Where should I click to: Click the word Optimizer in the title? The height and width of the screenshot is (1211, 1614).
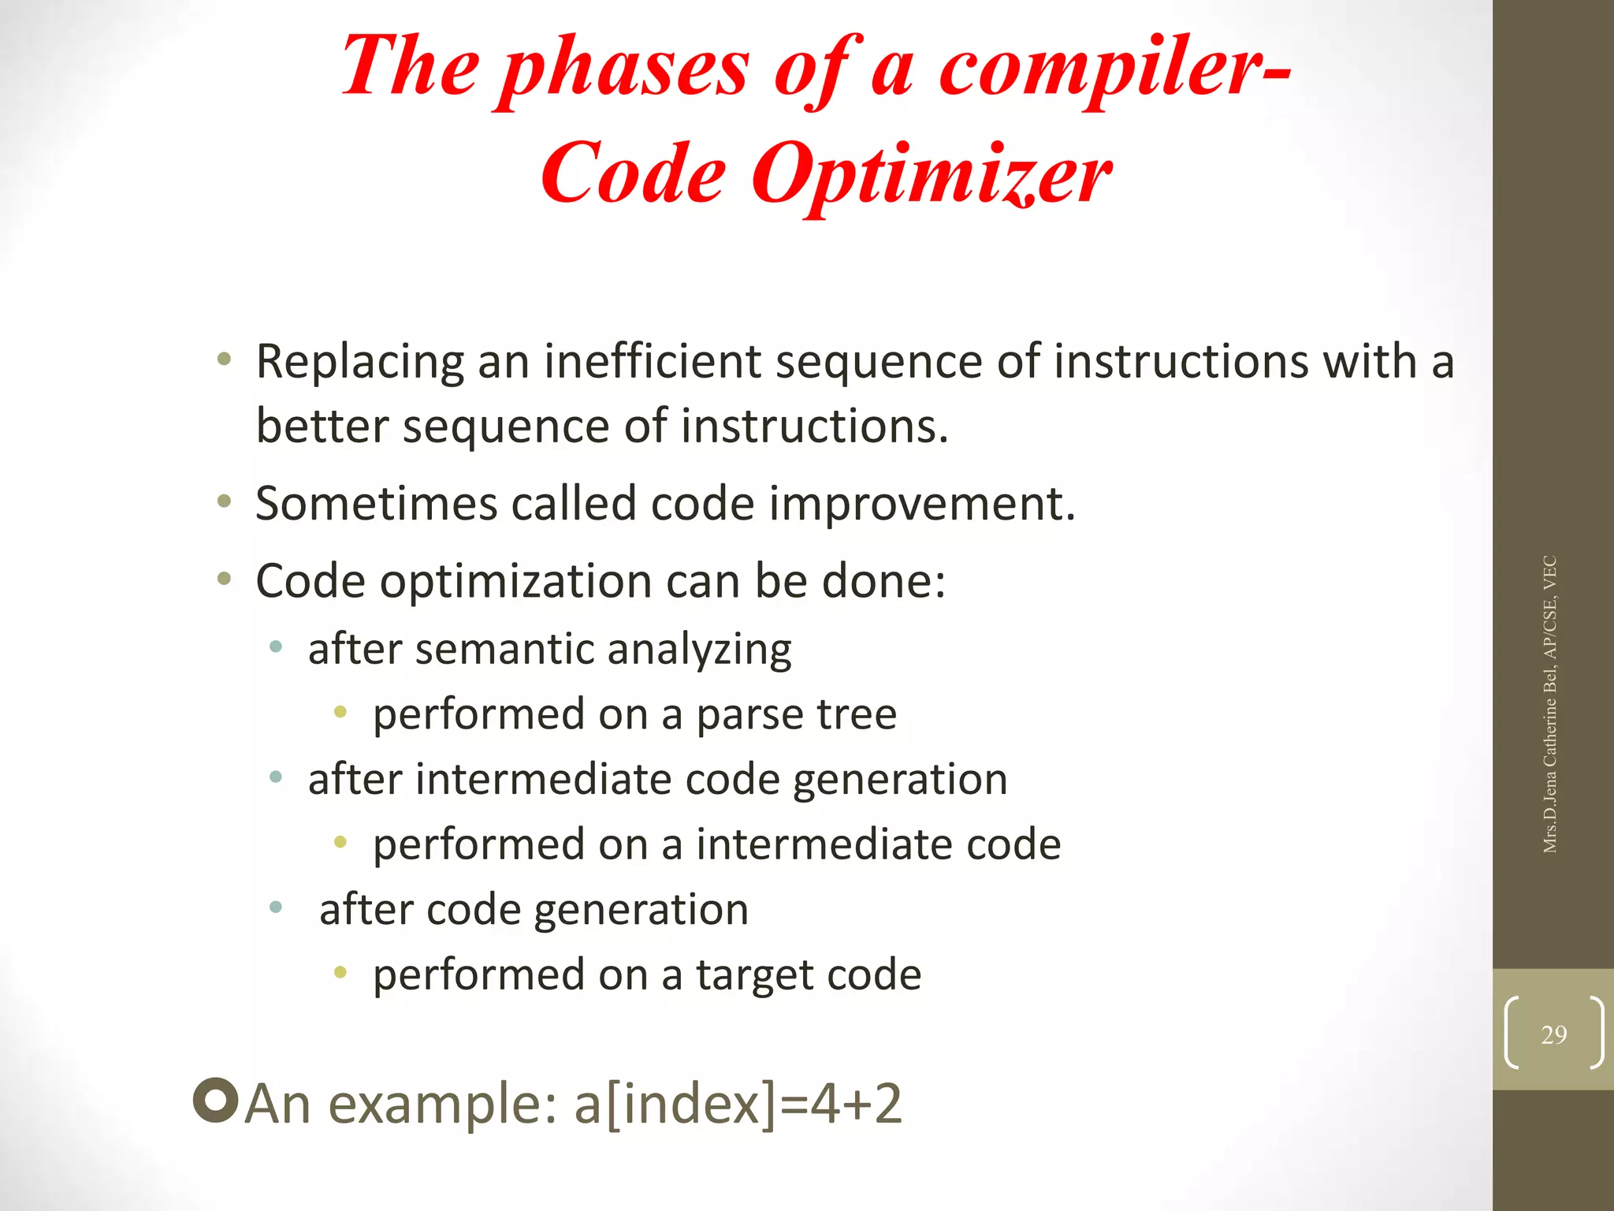pos(932,174)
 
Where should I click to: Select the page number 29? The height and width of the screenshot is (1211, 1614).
pos(1553,1034)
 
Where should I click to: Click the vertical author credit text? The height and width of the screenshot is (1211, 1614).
pos(1549,704)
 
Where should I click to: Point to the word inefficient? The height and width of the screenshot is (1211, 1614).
pos(653,361)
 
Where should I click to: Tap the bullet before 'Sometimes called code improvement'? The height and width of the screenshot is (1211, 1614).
pos(225,501)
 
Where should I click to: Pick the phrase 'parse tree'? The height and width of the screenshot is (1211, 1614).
pos(796,714)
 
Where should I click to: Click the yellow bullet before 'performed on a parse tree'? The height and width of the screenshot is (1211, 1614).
pos(340,712)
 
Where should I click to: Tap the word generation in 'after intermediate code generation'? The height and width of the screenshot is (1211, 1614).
pos(900,780)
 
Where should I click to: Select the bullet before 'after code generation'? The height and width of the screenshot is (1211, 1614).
pos(276,907)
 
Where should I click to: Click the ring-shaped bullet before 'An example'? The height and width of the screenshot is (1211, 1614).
pos(215,1100)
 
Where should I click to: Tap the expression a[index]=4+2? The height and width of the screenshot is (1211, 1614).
pos(738,1103)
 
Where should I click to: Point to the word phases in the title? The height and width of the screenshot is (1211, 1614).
pos(625,69)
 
